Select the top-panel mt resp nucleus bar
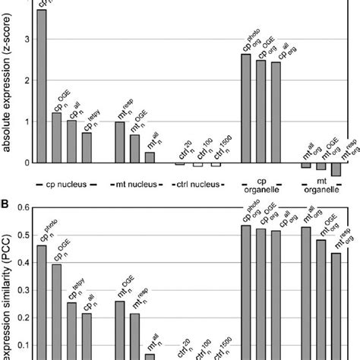pyautogui.click(x=119, y=142)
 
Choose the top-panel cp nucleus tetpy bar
pyautogui.click(x=87, y=147)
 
